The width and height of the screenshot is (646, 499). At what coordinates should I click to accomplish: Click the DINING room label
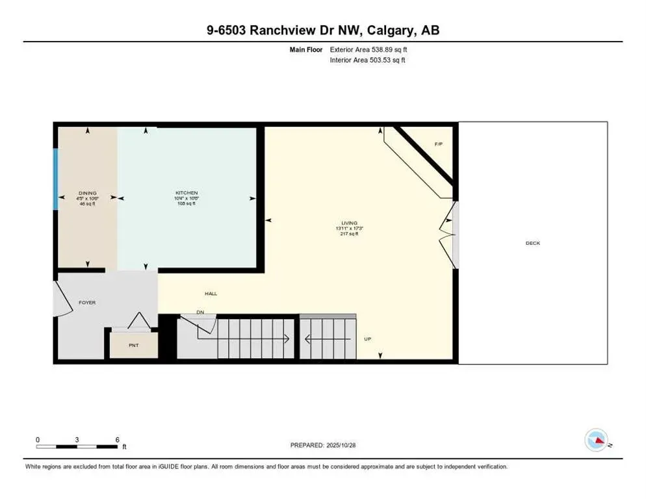tap(88, 193)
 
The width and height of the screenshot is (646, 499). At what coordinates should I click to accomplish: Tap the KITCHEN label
tap(186, 193)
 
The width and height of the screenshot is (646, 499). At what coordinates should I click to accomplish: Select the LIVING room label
tap(348, 223)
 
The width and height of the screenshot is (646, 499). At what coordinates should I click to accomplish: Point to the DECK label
tap(533, 243)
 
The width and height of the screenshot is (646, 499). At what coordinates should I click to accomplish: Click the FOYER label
tap(87, 302)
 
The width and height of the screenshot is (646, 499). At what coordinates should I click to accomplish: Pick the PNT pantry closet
tap(133, 345)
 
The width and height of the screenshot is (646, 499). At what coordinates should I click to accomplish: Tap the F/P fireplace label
tap(438, 144)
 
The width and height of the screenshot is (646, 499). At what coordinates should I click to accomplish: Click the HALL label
tap(211, 294)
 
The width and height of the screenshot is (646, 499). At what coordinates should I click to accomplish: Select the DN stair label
tap(201, 313)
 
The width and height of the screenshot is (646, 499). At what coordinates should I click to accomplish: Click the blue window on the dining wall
tap(56, 179)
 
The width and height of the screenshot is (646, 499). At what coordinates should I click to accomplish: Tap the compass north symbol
tap(596, 441)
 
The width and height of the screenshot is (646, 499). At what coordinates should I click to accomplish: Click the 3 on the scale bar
tap(77, 440)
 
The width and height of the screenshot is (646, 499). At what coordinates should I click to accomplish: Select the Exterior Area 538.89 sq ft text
tap(369, 49)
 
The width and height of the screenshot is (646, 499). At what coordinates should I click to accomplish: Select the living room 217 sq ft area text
tap(348, 234)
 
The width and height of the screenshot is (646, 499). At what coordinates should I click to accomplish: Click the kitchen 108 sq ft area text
tap(186, 203)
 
